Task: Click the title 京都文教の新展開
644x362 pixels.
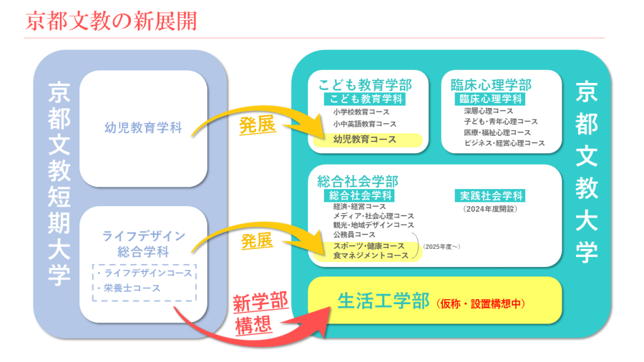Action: pos(111,21)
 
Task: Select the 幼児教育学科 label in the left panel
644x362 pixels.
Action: pos(143,128)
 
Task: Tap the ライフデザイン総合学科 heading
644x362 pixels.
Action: pos(143,243)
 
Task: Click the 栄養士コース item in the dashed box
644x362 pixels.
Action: pos(132,288)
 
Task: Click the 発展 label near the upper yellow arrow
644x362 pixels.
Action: pos(257,125)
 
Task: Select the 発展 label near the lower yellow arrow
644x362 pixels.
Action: pos(257,241)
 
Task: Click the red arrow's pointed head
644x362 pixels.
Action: pos(328,312)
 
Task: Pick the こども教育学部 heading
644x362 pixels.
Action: pos(365,85)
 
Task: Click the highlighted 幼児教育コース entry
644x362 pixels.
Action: pos(365,140)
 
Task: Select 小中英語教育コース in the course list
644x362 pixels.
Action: pos(365,124)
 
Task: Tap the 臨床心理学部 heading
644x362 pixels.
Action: pos(491,85)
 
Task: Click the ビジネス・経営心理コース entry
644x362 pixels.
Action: pos(504,143)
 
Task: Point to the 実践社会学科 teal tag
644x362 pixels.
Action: pos(490,196)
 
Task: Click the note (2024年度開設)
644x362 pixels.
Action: pos(489,209)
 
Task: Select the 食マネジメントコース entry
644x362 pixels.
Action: pos(371,255)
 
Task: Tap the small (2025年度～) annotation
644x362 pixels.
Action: pos(441,246)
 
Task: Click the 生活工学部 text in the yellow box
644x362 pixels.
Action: pos(383,302)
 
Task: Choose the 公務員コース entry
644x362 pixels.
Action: pos(355,235)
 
